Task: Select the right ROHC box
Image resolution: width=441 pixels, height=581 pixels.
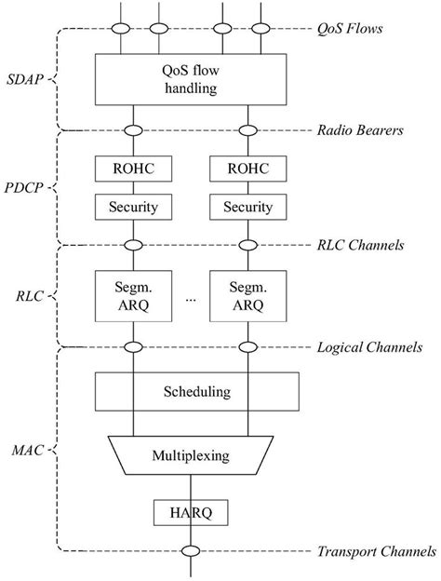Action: click(247, 169)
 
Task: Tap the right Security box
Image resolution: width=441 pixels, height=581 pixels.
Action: click(247, 207)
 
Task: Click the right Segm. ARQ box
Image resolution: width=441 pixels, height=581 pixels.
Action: click(247, 293)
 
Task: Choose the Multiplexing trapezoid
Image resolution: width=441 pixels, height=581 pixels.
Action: click(190, 456)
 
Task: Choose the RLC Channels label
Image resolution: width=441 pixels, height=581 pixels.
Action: click(361, 246)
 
